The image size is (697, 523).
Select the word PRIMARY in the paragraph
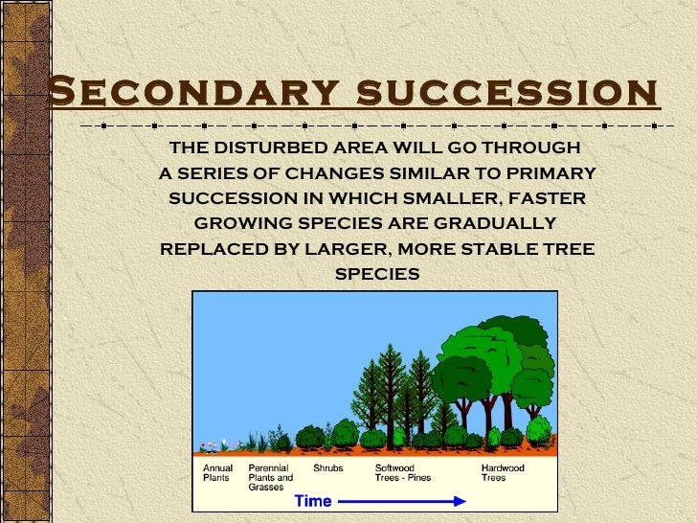coord(551,173)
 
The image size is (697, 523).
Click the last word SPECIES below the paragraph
coord(376,274)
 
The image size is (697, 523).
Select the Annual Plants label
coord(217,472)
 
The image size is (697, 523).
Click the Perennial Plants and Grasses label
coord(271,477)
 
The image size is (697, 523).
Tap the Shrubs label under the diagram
coord(328,468)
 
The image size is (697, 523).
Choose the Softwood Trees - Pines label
coord(402,472)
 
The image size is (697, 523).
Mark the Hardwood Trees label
coord(502,472)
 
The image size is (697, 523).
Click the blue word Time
coord(312,501)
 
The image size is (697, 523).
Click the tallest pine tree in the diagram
coord(390,383)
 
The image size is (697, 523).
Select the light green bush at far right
coord(539,429)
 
